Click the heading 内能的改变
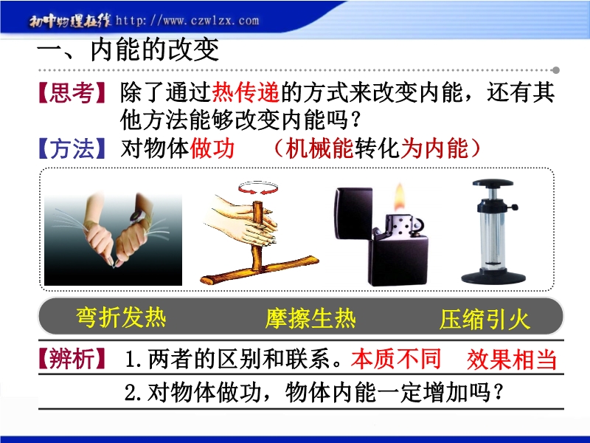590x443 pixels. tap(155, 50)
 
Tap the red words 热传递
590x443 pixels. tap(246, 92)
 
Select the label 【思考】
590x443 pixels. tap(72, 93)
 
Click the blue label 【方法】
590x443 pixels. tap(72, 148)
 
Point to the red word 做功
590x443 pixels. tap(212, 148)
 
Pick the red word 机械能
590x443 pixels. tap(319, 148)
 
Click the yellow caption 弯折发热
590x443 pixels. tap(121, 317)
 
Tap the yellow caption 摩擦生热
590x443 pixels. tap(310, 318)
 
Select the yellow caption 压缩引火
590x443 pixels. tap(485, 320)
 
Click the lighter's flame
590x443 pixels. tap(400, 197)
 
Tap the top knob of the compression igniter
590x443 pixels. tap(493, 183)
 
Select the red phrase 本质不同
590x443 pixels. tap(396, 358)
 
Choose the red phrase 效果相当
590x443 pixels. tap(512, 359)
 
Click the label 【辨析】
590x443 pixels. tap(72, 358)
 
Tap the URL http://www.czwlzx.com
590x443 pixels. tap(187, 20)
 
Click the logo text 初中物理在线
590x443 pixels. tap(70, 21)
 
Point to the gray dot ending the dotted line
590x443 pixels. tap(556, 70)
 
